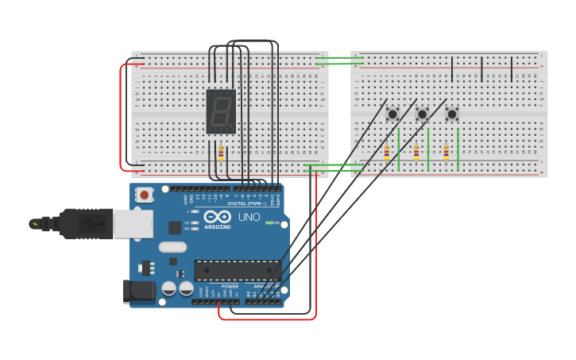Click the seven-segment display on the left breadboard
pos(221,110)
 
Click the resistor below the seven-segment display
pos(221,153)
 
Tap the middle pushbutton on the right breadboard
pos(422,114)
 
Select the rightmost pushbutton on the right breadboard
pos(451,114)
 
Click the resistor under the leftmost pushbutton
pos(387,152)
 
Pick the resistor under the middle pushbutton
pos(416,152)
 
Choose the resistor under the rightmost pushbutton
pos(446,152)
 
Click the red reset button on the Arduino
pos(145,194)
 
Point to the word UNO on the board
pos(249,217)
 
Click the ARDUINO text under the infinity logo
pos(218,227)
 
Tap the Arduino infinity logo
pos(217,216)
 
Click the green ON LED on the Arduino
pos(269,223)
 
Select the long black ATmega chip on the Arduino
pos(238,270)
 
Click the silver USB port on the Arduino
pos(133,224)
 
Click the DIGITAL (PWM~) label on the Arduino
pos(248,203)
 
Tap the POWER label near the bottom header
pos(230,286)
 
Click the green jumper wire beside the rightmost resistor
pos(458,149)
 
